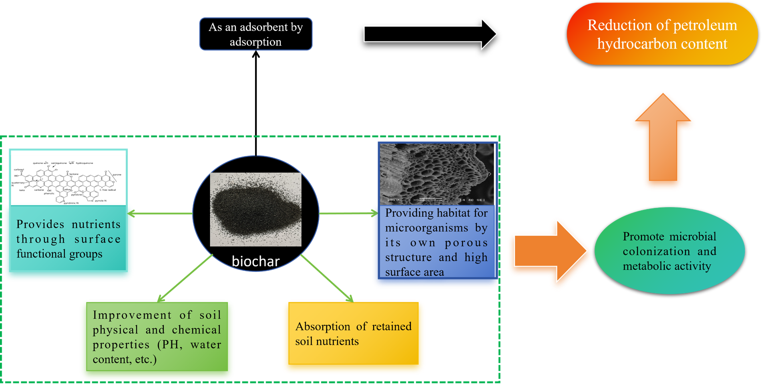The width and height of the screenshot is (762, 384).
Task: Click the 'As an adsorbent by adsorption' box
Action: (x=255, y=34)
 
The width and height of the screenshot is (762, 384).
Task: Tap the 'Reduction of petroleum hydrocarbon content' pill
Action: (x=662, y=34)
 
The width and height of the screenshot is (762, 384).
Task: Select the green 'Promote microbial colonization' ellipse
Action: (x=670, y=251)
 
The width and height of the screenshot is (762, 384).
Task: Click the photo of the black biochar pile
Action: (x=255, y=209)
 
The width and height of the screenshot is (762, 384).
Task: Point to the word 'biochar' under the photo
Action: (x=255, y=261)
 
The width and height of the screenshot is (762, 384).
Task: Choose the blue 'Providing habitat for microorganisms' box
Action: (x=436, y=243)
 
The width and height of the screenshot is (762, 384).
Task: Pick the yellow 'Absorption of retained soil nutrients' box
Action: (x=353, y=334)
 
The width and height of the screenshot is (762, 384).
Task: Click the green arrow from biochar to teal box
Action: (x=160, y=214)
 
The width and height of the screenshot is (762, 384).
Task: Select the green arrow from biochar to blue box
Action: (x=348, y=214)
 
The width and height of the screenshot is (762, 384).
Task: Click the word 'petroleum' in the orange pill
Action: (x=705, y=25)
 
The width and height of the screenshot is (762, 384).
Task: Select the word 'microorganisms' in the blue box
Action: (x=426, y=228)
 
